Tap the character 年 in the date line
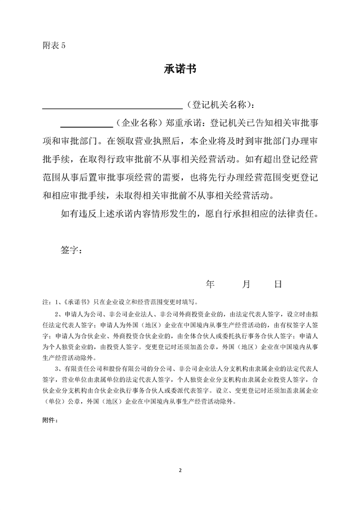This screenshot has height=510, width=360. pos(210,284)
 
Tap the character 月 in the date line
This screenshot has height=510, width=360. pos(245,284)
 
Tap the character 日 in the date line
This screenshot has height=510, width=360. pos(278,284)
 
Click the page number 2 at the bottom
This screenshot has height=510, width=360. pos(180,471)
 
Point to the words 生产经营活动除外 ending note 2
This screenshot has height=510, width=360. pos(70,358)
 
